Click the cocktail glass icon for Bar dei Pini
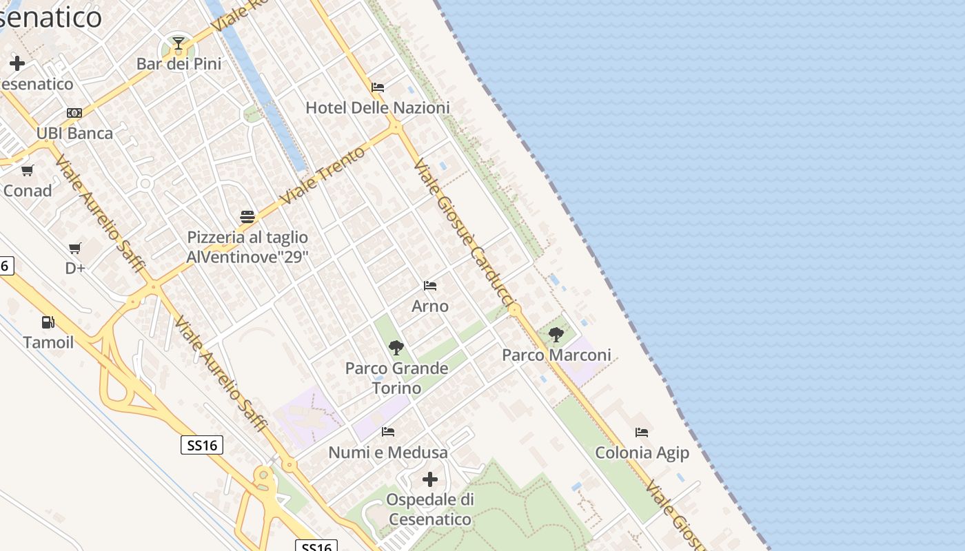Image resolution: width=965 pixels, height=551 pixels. coord(179,44)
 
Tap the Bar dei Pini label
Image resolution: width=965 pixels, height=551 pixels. coord(179,64)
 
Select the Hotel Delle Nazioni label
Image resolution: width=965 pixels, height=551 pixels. coord(377,107)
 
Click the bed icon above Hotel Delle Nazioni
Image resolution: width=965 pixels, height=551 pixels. coord(378,87)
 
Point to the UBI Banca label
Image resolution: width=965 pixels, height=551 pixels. coord(74,133)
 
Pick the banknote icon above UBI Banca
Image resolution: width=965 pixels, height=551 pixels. coord(74,113)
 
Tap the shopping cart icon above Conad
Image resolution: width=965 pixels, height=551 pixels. coord(28,170)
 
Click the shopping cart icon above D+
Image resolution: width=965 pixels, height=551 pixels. coord(75,248)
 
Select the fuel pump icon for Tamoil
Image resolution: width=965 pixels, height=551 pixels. coord(48,322)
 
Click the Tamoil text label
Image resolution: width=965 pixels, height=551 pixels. coord(48,342)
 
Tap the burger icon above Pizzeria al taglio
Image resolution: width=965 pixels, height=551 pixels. coord(247,217)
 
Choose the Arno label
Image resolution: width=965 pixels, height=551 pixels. coord(430,306)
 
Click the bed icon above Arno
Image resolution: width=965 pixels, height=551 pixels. coord(430,286)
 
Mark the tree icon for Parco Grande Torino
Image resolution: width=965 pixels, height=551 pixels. coord(396,348)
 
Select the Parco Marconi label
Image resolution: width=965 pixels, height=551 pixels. coord(556,355)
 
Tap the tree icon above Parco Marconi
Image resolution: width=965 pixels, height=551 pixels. coord(556,335)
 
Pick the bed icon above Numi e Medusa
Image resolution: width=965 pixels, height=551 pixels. coord(388,432)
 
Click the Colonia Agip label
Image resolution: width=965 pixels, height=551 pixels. coord(642,453)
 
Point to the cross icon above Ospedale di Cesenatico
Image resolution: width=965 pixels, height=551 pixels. coord(430,479)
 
